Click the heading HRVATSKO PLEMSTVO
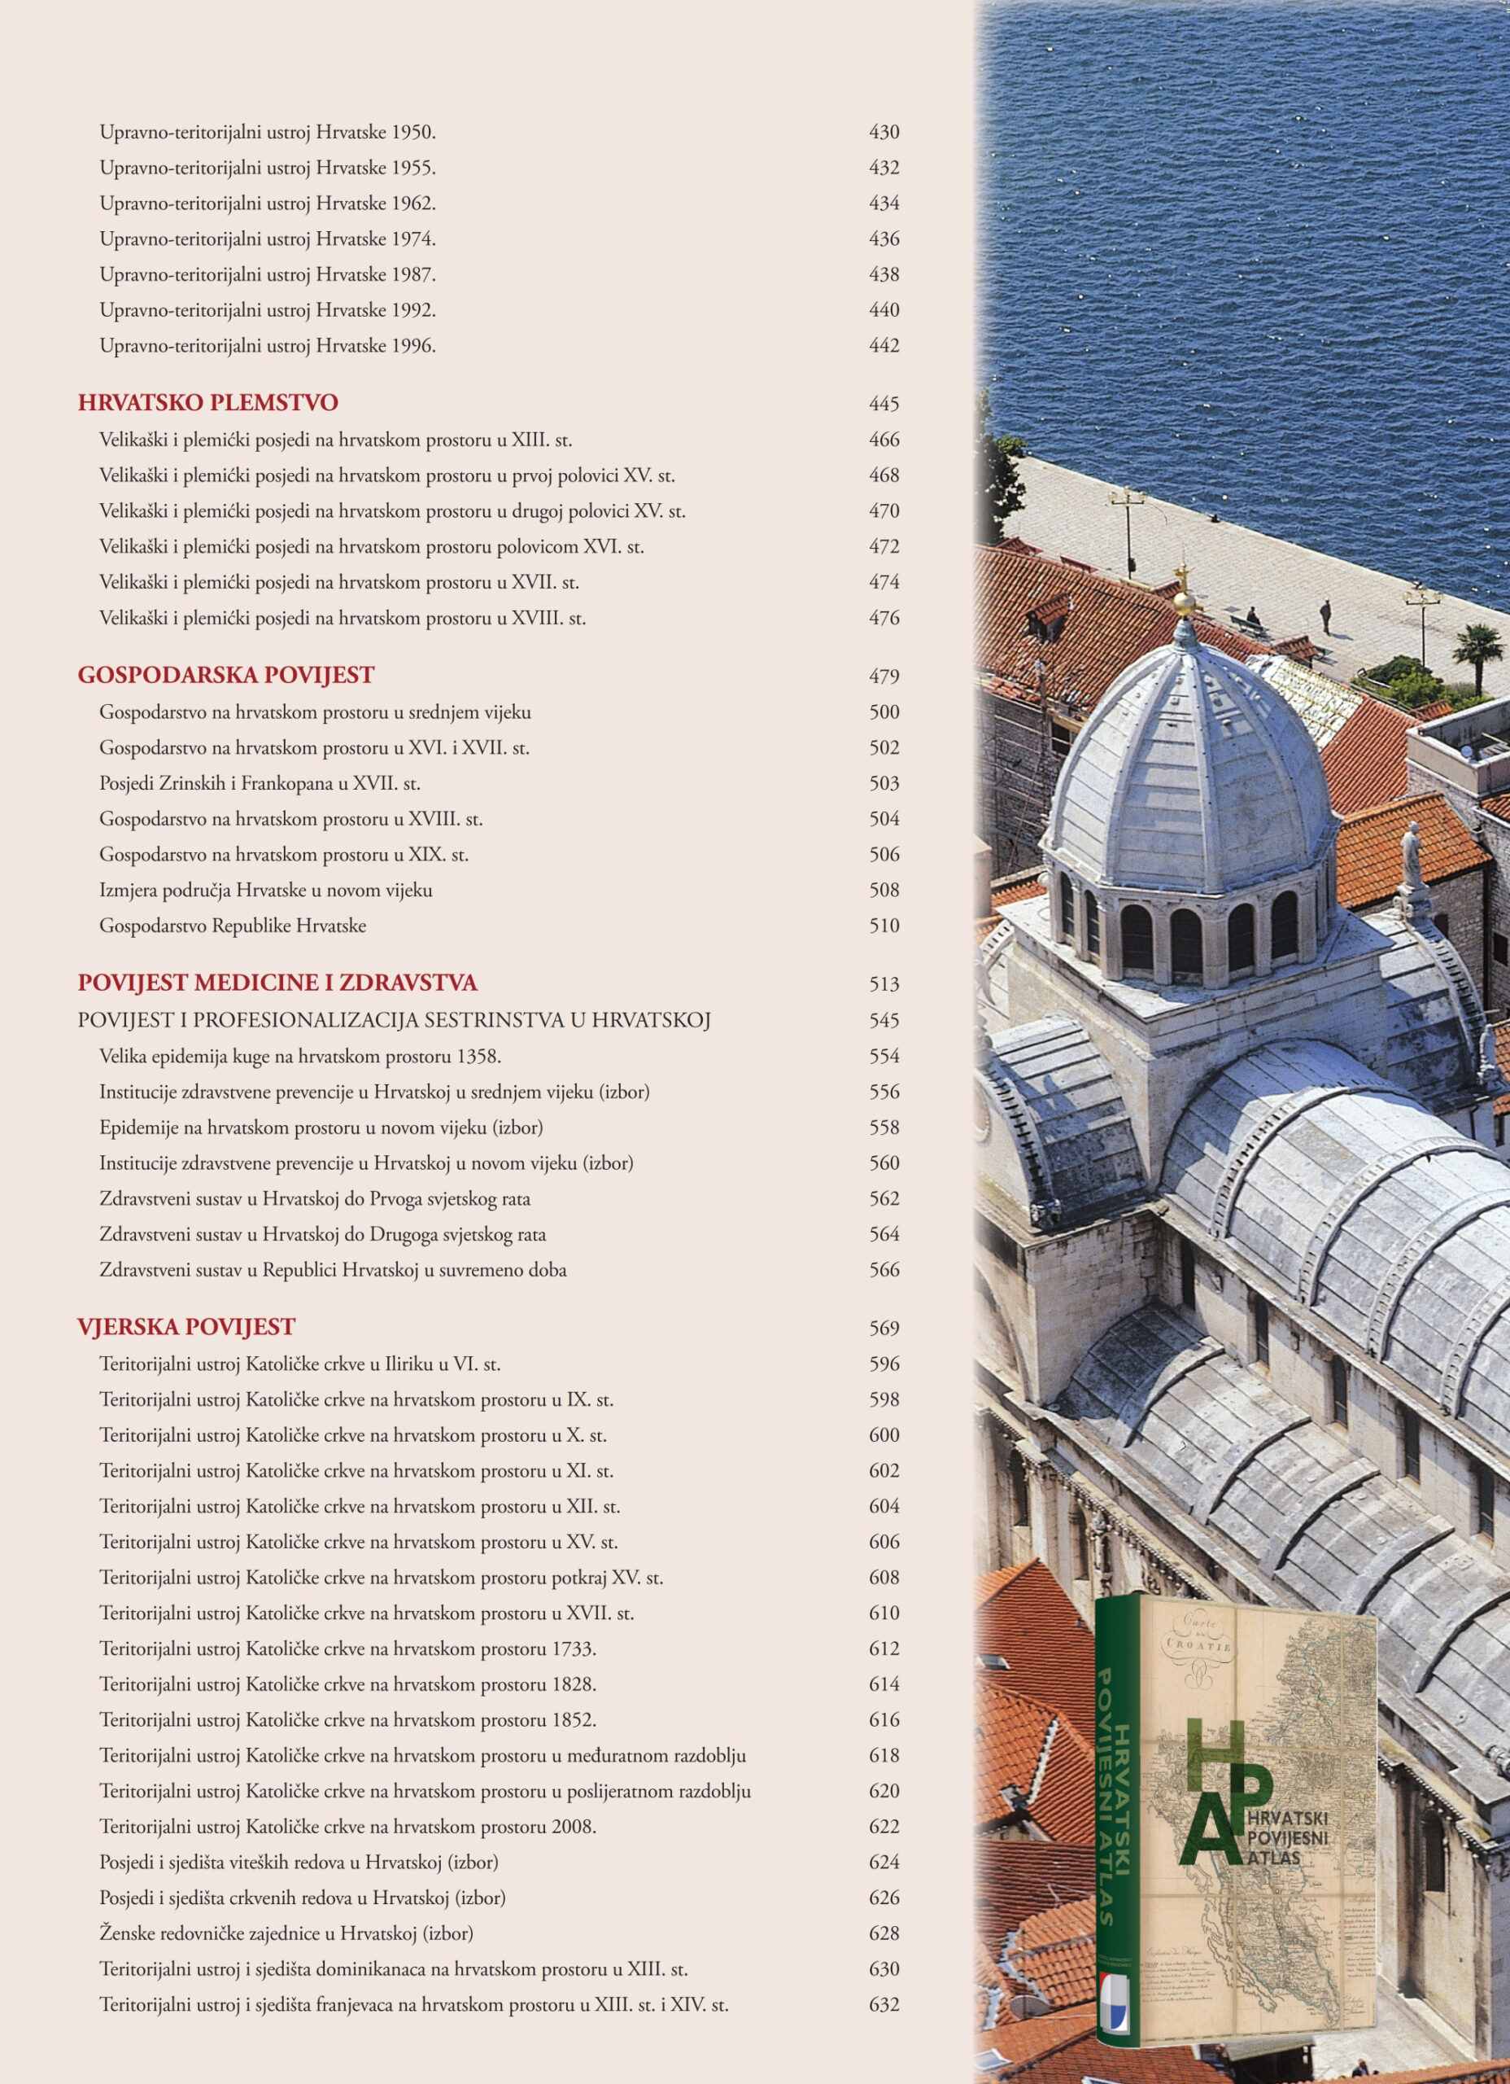tap(207, 402)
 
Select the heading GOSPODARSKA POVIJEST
tap(226, 676)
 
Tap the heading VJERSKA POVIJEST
tap(186, 1327)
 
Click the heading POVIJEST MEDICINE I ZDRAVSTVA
tap(277, 983)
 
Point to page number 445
tap(884, 405)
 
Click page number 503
tap(884, 784)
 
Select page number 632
tap(884, 2005)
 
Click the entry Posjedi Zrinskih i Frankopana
tap(260, 784)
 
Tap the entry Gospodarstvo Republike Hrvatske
tap(233, 926)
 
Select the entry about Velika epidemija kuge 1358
tap(300, 1057)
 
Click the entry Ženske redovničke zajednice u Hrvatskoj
tap(286, 1933)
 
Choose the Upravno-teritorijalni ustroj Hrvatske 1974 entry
tap(268, 239)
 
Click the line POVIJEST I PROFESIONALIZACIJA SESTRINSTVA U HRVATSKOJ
tap(394, 1020)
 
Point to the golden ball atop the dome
tap(1185, 602)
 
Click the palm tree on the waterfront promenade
tap(1476, 649)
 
